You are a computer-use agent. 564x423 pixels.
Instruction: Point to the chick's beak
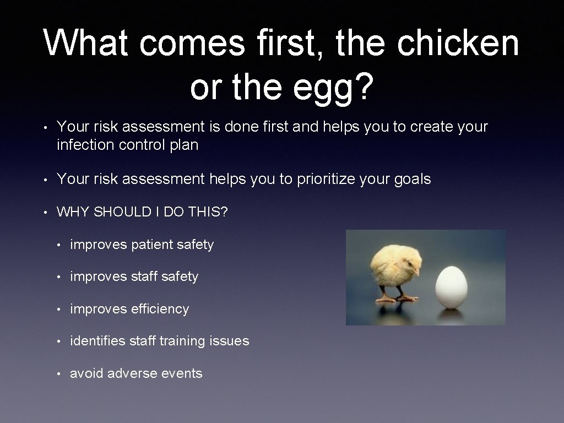pyautogui.click(x=417, y=272)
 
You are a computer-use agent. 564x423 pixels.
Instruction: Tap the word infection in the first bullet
pyautogui.click(x=84, y=145)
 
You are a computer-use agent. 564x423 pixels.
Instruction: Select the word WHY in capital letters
pyautogui.click(x=73, y=212)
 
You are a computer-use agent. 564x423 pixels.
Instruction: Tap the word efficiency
pyautogui.click(x=160, y=309)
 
